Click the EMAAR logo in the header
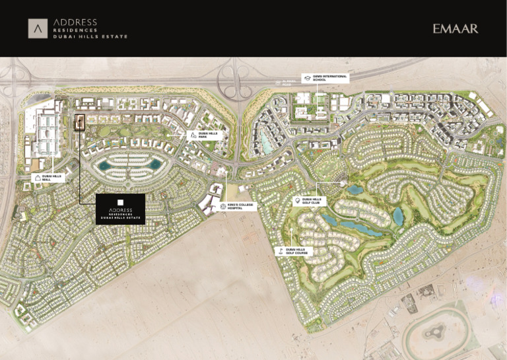pos(455,28)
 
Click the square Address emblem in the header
pos(38,28)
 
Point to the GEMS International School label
pos(330,78)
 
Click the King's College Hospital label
pos(240,207)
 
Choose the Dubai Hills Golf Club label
pos(312,200)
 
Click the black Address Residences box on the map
pos(120,209)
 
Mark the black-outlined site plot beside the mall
pos(80,122)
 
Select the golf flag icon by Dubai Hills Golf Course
pos(280,251)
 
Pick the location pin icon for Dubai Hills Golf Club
pos(297,200)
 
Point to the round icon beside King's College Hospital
pos(222,207)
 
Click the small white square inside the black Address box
pos(120,202)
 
